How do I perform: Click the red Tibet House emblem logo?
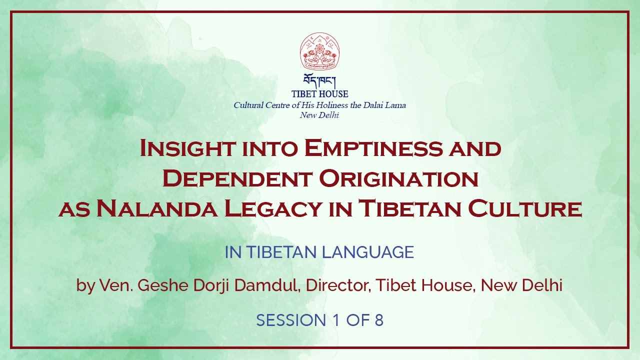(x=320, y=51)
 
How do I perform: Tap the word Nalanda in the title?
(x=156, y=208)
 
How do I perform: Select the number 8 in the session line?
(x=378, y=320)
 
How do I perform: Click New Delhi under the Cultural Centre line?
(x=319, y=115)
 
